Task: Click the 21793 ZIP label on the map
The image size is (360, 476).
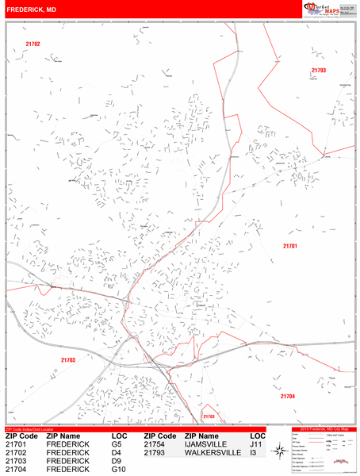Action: (x=318, y=71)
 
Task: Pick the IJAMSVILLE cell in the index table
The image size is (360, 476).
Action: (x=209, y=446)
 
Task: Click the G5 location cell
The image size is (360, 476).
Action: (x=117, y=446)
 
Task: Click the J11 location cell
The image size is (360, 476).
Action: (x=258, y=446)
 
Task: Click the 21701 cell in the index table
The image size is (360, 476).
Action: (x=16, y=446)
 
